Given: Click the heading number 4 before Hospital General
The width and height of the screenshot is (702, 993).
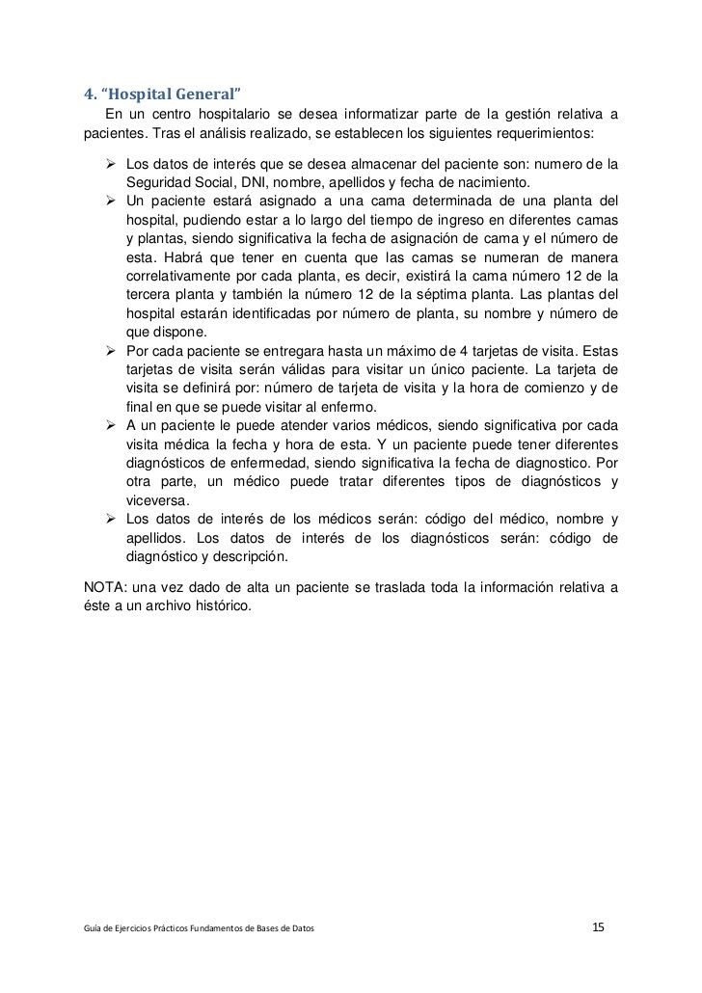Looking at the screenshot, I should (89, 94).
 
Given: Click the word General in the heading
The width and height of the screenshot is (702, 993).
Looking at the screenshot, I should (203, 94).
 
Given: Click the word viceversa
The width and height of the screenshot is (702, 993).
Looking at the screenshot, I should (157, 500).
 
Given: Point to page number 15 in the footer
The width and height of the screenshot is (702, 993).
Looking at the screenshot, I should (598, 927).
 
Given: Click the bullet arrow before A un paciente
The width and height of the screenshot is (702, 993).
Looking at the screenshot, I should (111, 424).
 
